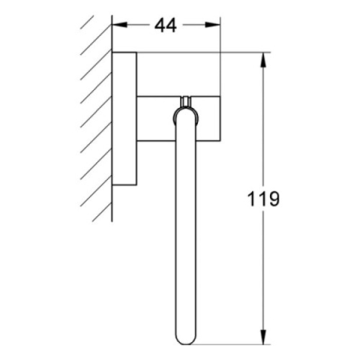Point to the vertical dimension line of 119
coord(262,135)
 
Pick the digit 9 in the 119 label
coord(273,198)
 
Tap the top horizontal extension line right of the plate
coord(202,53)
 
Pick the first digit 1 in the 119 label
coord(252,198)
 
